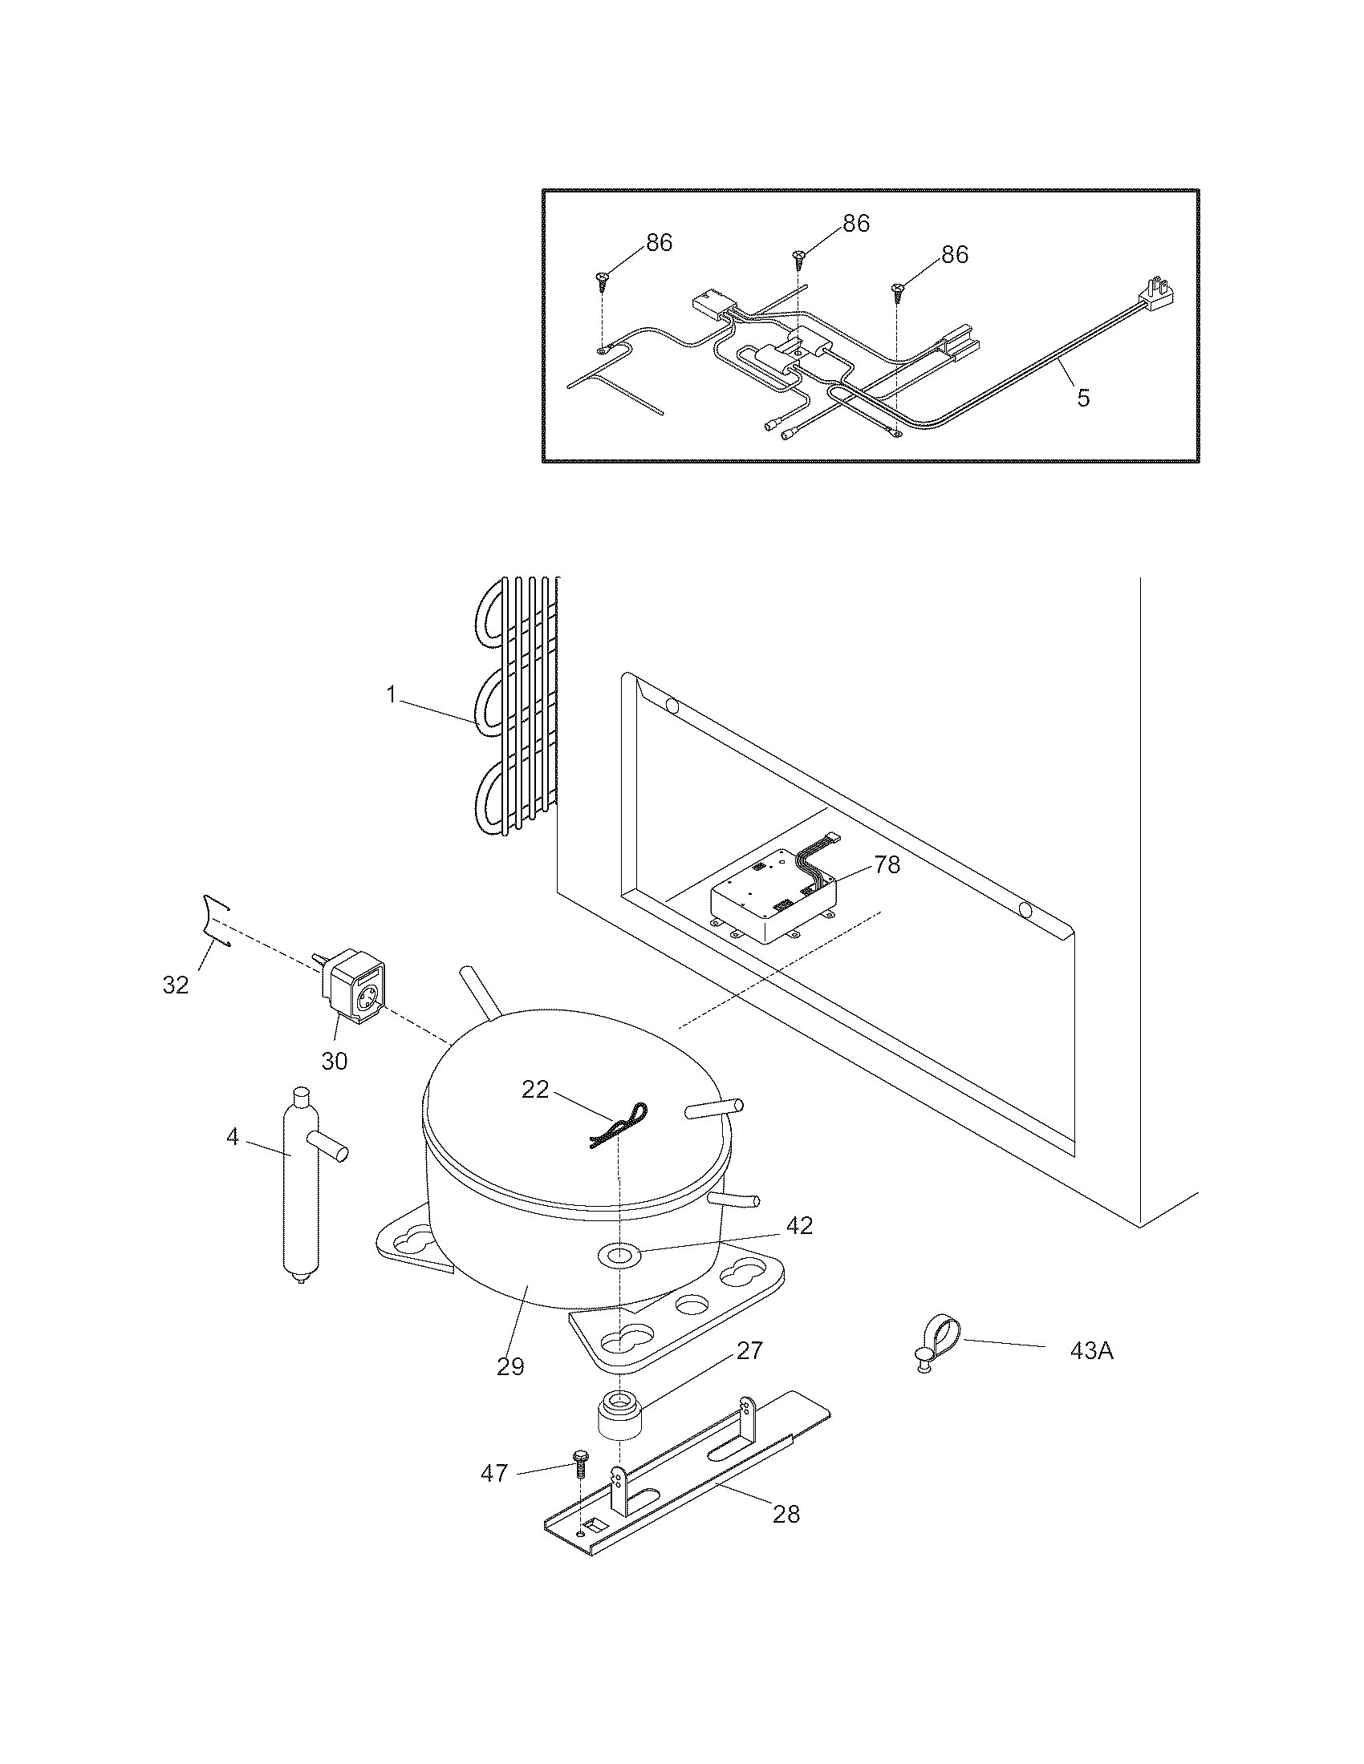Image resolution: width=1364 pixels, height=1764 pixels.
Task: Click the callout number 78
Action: pyautogui.click(x=887, y=865)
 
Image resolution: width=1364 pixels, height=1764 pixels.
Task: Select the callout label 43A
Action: pyautogui.click(x=1091, y=1350)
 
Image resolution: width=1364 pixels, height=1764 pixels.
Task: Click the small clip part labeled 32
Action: pyautogui.click(x=214, y=919)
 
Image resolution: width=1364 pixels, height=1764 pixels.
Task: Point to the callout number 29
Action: pyautogui.click(x=510, y=1365)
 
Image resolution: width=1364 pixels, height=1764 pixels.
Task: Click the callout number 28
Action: pyautogui.click(x=786, y=1514)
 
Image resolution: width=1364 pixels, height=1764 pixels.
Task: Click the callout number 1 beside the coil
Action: pyautogui.click(x=391, y=694)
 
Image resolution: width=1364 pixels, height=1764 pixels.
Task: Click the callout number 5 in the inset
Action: pyautogui.click(x=1083, y=398)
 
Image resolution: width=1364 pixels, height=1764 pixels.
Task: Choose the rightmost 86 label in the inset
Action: pyautogui.click(x=954, y=254)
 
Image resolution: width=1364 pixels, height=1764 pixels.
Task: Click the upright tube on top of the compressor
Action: pyautogui.click(x=478, y=990)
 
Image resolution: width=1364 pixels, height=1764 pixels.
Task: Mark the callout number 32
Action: pyautogui.click(x=176, y=985)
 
